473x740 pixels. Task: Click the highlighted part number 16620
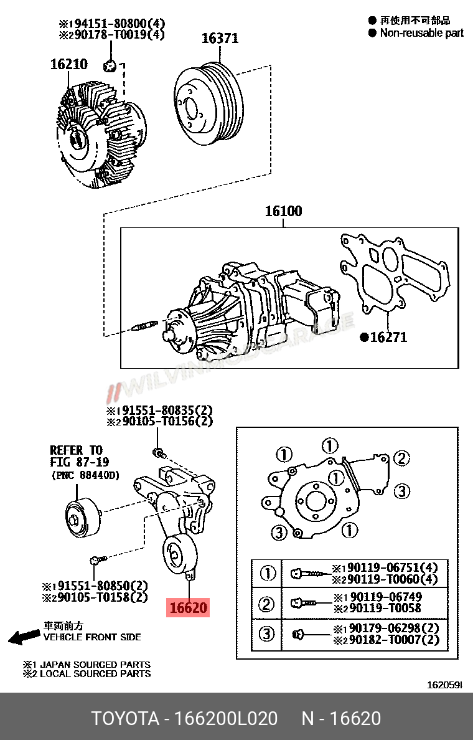coord(188,607)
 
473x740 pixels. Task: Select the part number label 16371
coord(220,39)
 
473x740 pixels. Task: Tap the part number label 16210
coord(68,64)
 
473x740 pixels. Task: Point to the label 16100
coord(283,211)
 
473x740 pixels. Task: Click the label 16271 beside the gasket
coord(388,338)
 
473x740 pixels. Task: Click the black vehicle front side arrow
coord(24,637)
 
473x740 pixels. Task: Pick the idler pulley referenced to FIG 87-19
coord(82,516)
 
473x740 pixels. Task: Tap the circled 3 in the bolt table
coord(267,634)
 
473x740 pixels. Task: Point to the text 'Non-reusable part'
coord(421,33)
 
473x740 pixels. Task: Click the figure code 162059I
coord(444,685)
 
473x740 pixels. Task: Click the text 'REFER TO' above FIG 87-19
coord(76,450)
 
